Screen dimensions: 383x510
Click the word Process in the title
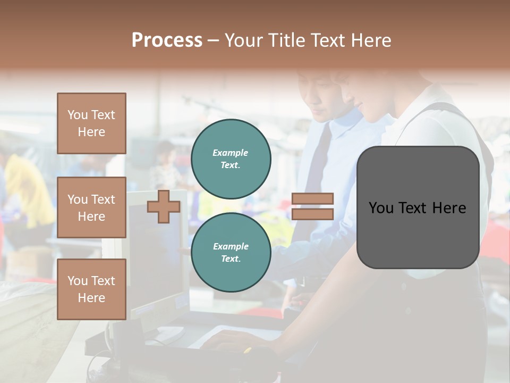pyautogui.click(x=167, y=40)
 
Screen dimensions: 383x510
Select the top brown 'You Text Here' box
pyautogui.click(x=91, y=123)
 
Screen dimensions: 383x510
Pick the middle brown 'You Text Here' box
pyautogui.click(x=91, y=207)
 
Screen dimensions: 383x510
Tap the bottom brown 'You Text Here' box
pyautogui.click(x=91, y=289)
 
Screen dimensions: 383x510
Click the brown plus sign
pyautogui.click(x=163, y=206)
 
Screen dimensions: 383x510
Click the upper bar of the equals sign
pyautogui.click(x=312, y=198)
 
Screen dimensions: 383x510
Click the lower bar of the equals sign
pyautogui.click(x=312, y=214)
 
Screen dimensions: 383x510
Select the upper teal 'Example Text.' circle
pyautogui.click(x=231, y=159)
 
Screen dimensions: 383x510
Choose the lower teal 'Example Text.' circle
pyautogui.click(x=231, y=252)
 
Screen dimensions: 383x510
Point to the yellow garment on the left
pyautogui.click(x=27, y=186)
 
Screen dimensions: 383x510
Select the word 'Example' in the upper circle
pyautogui.click(x=231, y=153)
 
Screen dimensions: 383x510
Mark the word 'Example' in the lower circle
pyautogui.click(x=231, y=246)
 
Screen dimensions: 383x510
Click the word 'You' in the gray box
pyautogui.click(x=381, y=208)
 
